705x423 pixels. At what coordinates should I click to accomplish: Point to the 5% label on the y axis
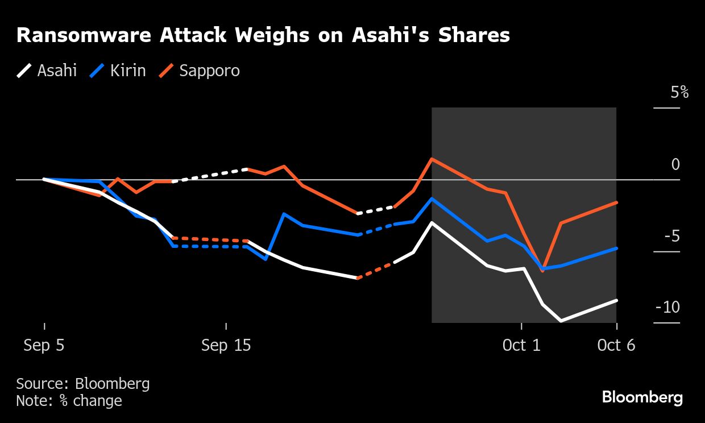click(679, 92)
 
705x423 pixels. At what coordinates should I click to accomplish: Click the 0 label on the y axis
click(675, 165)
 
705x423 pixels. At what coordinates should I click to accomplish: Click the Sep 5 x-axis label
click(44, 345)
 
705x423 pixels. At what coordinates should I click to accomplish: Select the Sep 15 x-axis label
click(226, 345)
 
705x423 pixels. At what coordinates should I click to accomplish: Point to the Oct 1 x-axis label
click(521, 345)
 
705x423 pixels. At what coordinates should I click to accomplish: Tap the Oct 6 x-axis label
click(616, 345)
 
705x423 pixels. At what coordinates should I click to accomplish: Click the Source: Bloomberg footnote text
click(83, 384)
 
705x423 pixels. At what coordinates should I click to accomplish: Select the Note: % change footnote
click(69, 401)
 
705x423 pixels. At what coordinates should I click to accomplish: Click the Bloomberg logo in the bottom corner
click(642, 397)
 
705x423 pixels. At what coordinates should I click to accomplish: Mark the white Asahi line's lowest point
click(561, 321)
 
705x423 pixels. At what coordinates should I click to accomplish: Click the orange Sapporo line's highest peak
click(432, 159)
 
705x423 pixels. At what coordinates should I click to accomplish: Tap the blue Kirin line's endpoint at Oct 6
click(616, 248)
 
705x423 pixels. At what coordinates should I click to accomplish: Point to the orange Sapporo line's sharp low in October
click(542, 271)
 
